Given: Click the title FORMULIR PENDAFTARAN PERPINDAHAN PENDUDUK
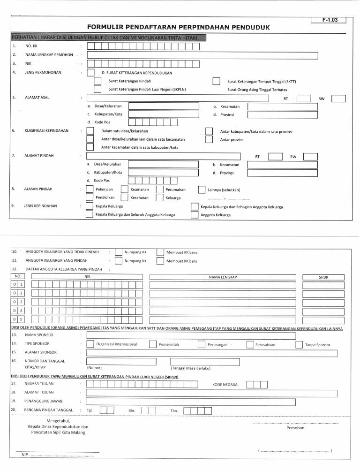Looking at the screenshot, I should [x=179, y=27].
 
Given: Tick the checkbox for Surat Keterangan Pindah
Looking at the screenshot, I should [x=97, y=81].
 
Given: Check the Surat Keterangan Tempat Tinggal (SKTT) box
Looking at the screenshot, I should [x=217, y=81].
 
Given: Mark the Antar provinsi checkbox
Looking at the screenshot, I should [x=209, y=139].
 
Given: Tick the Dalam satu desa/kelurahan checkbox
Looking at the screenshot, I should [x=90, y=131].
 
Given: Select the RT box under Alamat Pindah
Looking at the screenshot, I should [x=275, y=157].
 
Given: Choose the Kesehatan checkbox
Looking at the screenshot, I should [x=124, y=198].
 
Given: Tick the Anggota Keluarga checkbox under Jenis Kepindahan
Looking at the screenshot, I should [x=194, y=214].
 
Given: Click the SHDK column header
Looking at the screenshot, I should [x=323, y=277].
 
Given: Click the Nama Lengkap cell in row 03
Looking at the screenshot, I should [x=223, y=302].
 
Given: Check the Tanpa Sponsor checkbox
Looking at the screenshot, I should [x=300, y=344].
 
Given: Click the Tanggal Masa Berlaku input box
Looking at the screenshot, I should [x=204, y=362].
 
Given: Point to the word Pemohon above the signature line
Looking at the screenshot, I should [x=295, y=428].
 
